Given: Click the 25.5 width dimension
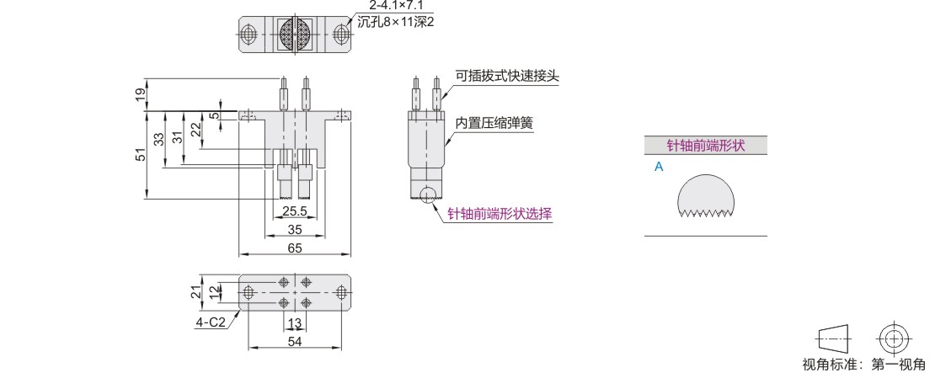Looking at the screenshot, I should pos(294,210).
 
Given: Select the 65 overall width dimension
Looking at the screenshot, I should pos(294,248).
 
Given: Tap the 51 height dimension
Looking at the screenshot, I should pos(141,154).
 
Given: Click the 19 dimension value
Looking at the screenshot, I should pos(141,94).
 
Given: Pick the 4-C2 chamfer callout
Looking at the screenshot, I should pos(211,322).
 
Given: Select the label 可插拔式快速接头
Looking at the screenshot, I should pos(507,76).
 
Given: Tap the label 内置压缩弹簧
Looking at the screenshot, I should pos(494,123).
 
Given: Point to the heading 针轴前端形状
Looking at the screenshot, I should pos(706,145).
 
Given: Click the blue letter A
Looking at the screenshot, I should pos(659,167).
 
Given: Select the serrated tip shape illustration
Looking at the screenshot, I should pos(707,198).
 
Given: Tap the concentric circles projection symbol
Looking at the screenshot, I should pos(894,338).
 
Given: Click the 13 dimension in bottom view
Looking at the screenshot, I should pos(294,323).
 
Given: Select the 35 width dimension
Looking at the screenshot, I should pos(294,229).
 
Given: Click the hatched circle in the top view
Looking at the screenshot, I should pos(294,35).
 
